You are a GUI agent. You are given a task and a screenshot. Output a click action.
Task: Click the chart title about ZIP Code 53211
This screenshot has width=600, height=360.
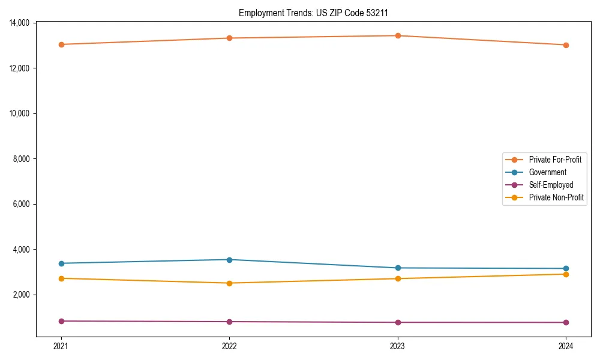pos(317,13)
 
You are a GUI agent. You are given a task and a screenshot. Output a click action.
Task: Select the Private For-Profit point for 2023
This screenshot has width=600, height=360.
pos(398,35)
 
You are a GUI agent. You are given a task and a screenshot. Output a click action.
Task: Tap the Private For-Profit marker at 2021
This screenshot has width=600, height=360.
pos(61,44)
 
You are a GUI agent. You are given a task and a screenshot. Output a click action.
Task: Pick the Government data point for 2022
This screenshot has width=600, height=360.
pos(229,260)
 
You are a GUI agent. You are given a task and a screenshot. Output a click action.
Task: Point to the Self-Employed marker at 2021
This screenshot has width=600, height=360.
pos(61,321)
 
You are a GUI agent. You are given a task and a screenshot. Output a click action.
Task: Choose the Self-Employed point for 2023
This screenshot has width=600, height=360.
pos(398,322)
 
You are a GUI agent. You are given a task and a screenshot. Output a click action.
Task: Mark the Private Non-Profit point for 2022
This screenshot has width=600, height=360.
pos(229,283)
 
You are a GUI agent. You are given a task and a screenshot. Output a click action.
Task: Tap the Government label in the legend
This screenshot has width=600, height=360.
pos(547,172)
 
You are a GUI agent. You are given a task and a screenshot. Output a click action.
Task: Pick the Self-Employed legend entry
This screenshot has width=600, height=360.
pos(551,185)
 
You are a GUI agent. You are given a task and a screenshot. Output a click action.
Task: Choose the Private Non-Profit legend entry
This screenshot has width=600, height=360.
pos(556,197)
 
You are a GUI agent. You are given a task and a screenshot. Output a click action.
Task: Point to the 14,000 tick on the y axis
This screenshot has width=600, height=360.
pos(20,23)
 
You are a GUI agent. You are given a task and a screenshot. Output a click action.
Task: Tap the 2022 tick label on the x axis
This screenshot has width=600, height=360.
pos(229,346)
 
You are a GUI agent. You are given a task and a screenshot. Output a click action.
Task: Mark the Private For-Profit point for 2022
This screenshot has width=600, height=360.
pos(229,38)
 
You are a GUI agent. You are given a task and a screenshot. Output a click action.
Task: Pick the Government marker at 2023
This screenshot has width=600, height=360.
pos(398,268)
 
